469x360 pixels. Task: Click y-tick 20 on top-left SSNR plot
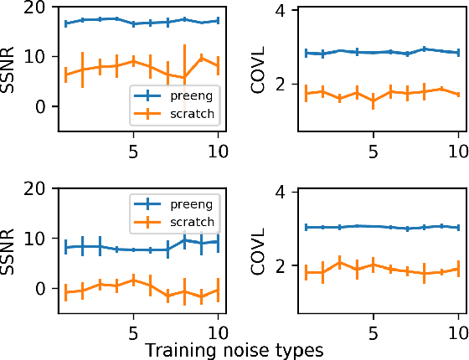pyautogui.click(x=35, y=8)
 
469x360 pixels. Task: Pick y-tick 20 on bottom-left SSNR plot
pyautogui.click(x=35, y=190)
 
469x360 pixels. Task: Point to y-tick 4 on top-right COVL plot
pyautogui.click(x=283, y=12)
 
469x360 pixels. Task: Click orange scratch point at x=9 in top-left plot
pyautogui.click(x=201, y=58)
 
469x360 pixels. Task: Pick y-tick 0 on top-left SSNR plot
pyautogui.click(x=40, y=107)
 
